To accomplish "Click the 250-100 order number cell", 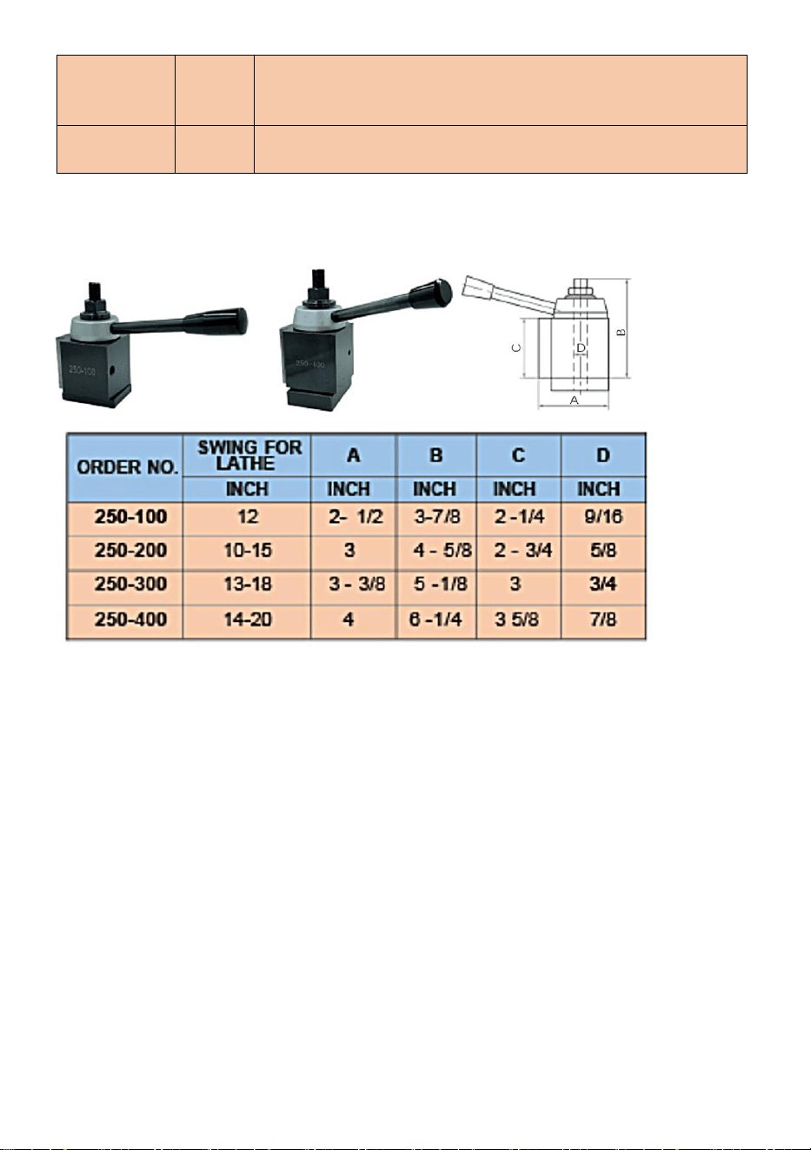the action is pos(130,517).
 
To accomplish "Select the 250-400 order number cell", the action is pos(130,619).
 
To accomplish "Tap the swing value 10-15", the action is pos(248,551).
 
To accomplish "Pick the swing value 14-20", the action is pos(248,619).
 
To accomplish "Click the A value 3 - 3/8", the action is pos(356,585).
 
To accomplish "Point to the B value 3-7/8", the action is pos(437,517).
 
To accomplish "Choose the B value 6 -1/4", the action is pos(435,619).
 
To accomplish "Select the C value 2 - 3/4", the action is pos(523,551).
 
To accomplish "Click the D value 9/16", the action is pos(603,517).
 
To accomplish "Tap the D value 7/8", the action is pos(603,619).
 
